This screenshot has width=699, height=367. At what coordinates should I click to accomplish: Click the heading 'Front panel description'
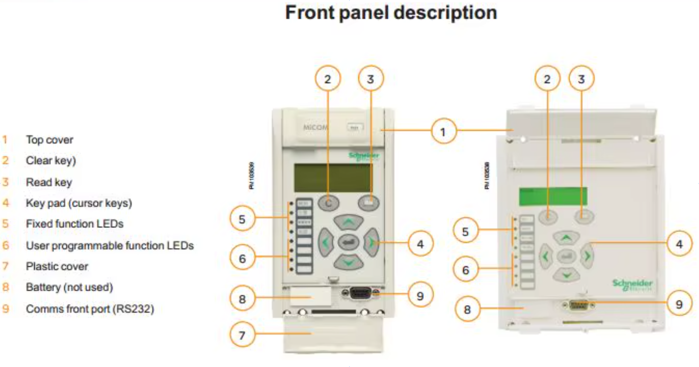pos(391,13)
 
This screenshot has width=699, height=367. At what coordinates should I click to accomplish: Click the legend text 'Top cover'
pos(49,140)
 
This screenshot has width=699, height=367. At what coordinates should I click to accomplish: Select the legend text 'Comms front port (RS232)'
pos(90,309)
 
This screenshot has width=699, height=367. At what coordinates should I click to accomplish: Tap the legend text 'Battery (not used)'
pos(69,287)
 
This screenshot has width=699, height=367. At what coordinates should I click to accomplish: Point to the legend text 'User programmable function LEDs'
pos(110,245)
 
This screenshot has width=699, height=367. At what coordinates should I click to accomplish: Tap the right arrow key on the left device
pos(371,242)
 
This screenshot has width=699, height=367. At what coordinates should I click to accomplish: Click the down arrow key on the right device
pos(567,274)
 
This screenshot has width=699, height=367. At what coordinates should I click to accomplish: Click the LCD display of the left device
pos(334,177)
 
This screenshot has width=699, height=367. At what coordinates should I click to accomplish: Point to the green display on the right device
pos(553,196)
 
